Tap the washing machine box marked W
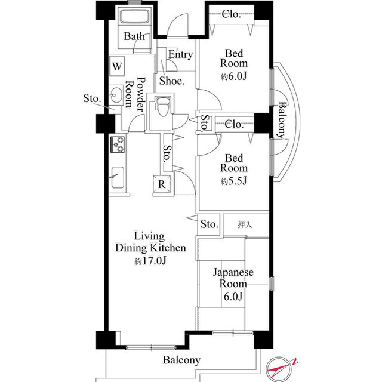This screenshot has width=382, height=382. pos(117,66)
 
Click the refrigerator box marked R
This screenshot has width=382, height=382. pos(162,184)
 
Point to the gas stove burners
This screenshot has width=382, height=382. pos(118,144)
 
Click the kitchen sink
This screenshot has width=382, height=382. pos(118,178)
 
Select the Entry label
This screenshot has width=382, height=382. pos(180,54)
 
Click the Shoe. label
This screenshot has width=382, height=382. pos(172,81)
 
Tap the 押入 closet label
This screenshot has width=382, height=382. pos(245,224)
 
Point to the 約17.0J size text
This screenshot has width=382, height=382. pos(150,261)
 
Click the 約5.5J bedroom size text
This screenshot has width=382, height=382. pos(233,181)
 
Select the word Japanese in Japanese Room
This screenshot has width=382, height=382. pos(233,273)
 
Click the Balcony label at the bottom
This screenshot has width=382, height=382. pos(181,360)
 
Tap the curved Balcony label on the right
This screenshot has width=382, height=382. pos(282,120)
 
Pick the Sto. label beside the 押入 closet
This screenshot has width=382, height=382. pos(210,224)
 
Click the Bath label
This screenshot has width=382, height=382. pos(134,36)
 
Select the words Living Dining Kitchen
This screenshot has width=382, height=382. pos(150,242)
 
